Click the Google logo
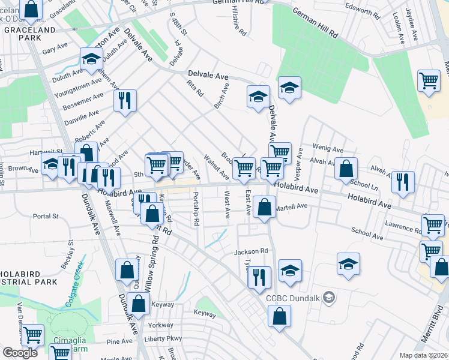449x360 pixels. point(20,353)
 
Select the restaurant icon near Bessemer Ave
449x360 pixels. point(124,100)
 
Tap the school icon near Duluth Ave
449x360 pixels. point(91,59)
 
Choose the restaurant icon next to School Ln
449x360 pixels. point(403,181)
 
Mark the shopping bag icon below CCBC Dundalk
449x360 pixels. point(279,316)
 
